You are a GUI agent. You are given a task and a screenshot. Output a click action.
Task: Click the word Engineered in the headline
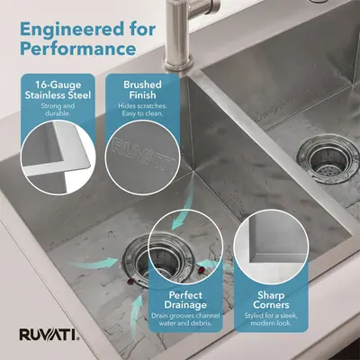tap(72, 30)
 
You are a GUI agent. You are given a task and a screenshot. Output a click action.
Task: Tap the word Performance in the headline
tap(78, 49)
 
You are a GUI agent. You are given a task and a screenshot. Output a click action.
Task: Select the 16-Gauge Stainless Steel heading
tap(58, 90)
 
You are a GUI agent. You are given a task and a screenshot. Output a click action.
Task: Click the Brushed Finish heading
tap(142, 90)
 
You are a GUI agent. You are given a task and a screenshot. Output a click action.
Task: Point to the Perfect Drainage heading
tap(185, 300)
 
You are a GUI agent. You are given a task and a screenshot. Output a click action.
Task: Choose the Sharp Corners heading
tap(271, 300)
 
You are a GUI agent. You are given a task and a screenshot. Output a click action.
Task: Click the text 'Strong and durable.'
tap(58, 110)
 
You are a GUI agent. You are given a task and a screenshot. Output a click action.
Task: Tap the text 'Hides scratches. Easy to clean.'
tap(142, 110)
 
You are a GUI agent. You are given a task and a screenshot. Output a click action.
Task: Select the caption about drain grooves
tap(185, 319)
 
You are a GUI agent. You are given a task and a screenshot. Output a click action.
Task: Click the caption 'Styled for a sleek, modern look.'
tap(271, 319)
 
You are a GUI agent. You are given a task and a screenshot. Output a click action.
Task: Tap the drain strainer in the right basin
tap(328, 159)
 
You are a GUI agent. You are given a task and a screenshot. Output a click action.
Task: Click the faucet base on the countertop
tap(177, 64)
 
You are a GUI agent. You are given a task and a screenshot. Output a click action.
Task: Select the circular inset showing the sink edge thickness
tap(58, 157)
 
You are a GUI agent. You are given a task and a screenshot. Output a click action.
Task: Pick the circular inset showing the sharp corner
tap(271, 247)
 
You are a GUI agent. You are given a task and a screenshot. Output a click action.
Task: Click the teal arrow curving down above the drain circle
tap(184, 210)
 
